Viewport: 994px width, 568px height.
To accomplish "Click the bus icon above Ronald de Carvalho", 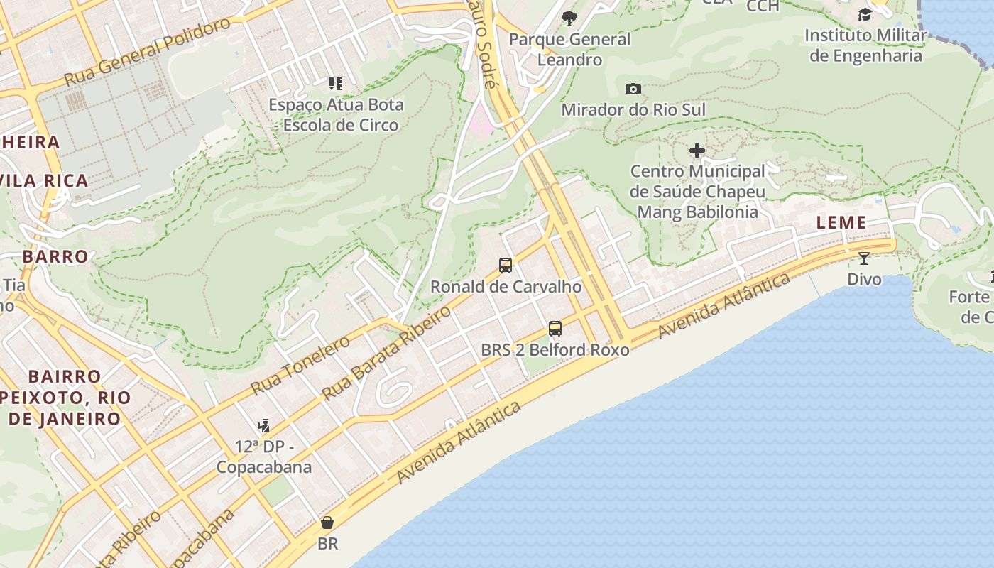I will (506, 266).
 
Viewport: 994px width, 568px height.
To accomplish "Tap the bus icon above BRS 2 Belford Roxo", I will (555, 329).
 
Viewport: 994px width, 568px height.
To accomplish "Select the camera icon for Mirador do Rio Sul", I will (633, 89).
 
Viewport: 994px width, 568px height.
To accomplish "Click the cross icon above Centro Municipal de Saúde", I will (697, 151).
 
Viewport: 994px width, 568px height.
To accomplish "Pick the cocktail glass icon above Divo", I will (864, 258).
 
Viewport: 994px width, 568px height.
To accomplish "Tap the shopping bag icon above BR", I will (327, 523).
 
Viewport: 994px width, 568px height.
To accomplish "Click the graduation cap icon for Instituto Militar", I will (865, 14).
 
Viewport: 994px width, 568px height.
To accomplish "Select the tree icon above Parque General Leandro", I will (569, 18).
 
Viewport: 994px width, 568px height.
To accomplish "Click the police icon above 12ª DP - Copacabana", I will (264, 426).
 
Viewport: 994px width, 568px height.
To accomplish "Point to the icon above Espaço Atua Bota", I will (336, 84).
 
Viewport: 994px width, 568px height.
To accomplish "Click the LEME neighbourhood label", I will (841, 222).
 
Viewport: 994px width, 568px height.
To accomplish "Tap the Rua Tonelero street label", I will (300, 366).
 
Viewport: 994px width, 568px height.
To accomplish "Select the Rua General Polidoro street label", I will (148, 51).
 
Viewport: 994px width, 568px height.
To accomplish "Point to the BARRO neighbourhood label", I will (55, 256).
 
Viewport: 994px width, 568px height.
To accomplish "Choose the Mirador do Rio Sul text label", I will (633, 110).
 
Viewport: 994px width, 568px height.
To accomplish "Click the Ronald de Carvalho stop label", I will (506, 287).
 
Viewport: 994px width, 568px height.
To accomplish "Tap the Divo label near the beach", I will (864, 279).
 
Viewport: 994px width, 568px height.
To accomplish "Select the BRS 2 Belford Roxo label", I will (555, 350).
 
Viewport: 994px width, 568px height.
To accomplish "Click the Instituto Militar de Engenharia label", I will (865, 45).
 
